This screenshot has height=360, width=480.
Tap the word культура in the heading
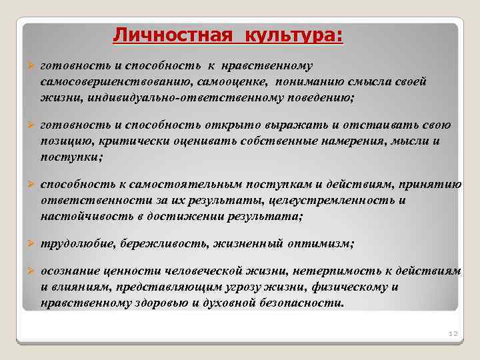[x=294, y=33]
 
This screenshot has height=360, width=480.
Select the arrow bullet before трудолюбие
[x=29, y=244]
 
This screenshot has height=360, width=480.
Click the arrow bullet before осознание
[x=29, y=272]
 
